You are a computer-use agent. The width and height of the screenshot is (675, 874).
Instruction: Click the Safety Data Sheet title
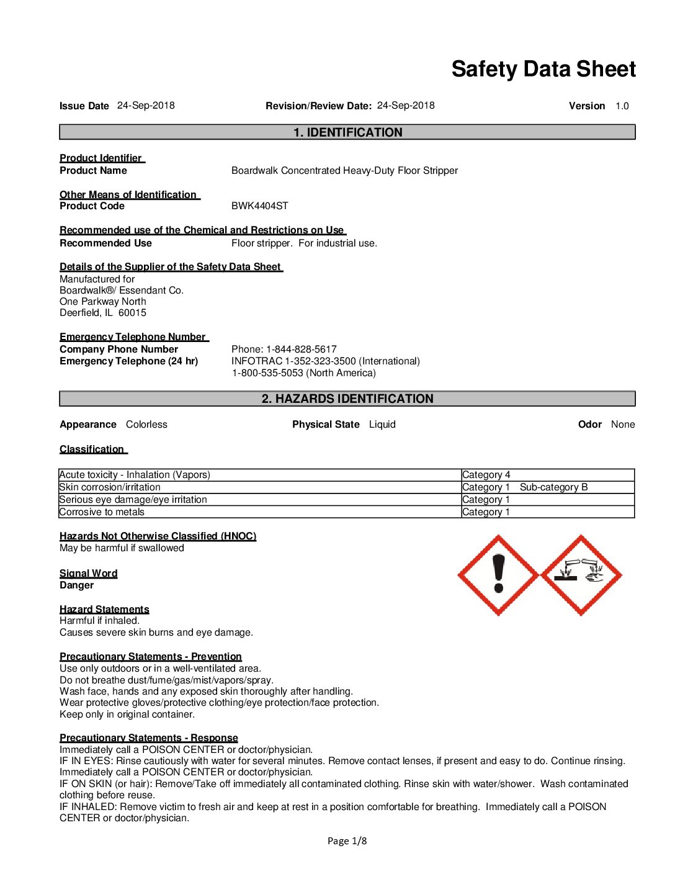(x=543, y=69)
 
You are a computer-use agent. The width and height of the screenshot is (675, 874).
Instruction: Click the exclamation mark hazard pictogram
(x=498, y=575)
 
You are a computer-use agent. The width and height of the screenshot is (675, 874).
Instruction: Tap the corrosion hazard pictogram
(x=581, y=575)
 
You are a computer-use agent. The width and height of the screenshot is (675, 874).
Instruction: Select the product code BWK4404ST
(x=259, y=206)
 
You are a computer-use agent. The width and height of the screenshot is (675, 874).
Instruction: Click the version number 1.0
(x=622, y=106)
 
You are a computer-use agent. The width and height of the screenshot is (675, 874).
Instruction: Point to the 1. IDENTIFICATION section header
(x=347, y=132)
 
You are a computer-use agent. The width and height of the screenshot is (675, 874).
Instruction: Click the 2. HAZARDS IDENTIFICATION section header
(x=347, y=399)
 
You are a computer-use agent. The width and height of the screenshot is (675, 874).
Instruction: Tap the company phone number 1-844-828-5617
(x=302, y=349)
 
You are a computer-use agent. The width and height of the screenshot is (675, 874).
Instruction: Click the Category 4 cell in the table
(x=486, y=475)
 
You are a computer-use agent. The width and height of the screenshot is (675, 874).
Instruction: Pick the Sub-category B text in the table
(x=553, y=487)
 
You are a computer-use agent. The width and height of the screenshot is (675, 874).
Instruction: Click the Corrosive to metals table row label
(x=102, y=512)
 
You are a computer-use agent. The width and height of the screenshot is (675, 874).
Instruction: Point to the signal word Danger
(x=76, y=585)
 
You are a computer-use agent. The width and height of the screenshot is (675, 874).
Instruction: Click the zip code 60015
(x=132, y=313)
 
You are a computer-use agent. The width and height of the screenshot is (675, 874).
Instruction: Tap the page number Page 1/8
(x=347, y=841)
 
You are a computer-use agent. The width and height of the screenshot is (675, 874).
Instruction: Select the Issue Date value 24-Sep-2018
(x=146, y=106)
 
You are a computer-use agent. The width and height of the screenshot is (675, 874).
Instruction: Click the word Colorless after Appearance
(x=146, y=425)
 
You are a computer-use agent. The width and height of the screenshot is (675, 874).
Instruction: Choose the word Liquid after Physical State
(x=382, y=425)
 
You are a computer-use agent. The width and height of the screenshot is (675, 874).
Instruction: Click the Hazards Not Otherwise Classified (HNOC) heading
(x=158, y=536)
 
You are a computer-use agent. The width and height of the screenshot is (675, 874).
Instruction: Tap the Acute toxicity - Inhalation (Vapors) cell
(x=135, y=475)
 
